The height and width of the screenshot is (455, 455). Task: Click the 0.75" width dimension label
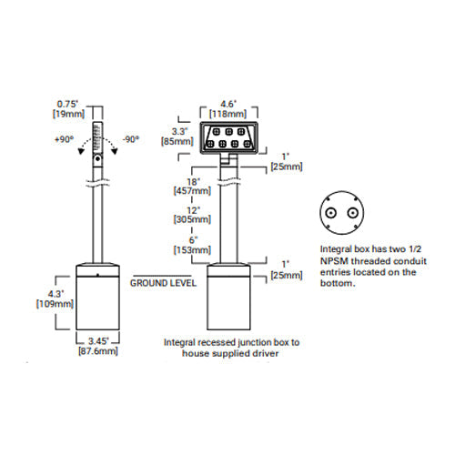click(x=68, y=109)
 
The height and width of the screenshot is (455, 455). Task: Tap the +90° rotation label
click(x=64, y=139)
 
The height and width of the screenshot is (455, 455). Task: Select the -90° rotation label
click(x=131, y=139)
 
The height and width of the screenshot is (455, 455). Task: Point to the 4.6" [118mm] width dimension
click(x=227, y=109)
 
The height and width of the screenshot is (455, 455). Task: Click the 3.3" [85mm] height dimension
click(x=177, y=136)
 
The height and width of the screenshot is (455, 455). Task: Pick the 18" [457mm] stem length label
click(x=192, y=187)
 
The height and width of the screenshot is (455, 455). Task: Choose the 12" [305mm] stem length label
click(x=192, y=215)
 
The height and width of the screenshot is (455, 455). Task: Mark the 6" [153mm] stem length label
click(x=192, y=245)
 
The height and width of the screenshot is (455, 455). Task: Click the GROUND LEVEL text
click(x=163, y=283)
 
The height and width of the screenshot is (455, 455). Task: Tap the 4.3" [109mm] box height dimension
click(x=55, y=298)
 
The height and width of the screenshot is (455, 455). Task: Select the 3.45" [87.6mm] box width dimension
click(x=98, y=346)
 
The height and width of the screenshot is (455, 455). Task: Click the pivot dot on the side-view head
click(x=97, y=158)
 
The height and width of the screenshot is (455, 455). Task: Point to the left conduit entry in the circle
click(x=330, y=213)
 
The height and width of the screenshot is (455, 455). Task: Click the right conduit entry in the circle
click(x=352, y=213)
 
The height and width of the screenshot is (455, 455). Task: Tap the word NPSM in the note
click(x=334, y=261)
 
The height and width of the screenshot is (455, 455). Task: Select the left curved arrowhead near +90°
click(x=81, y=151)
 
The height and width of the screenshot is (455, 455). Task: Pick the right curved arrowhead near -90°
click(x=115, y=151)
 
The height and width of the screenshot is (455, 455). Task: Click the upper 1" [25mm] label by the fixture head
click(x=287, y=162)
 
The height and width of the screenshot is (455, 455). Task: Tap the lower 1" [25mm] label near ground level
click(x=287, y=270)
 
